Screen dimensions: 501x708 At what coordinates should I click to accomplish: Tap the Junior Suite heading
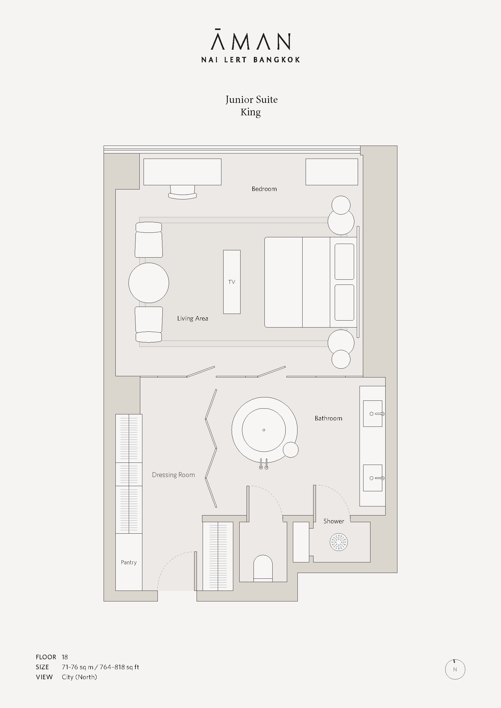[x=251, y=100]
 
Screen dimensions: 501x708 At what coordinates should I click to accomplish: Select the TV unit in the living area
[x=232, y=282]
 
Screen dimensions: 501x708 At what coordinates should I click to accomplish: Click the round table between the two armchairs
[x=149, y=283]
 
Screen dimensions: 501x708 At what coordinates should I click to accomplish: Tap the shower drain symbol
[x=339, y=542]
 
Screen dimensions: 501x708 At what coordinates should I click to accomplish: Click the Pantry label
[x=129, y=562]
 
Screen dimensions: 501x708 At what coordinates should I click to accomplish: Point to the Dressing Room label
[x=173, y=475]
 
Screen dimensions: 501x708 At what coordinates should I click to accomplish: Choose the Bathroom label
[x=328, y=418]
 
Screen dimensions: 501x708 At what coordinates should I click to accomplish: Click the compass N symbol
[x=455, y=670]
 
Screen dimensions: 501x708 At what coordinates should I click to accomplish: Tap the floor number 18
[x=65, y=657]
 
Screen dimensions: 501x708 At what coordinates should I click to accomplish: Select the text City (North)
[x=79, y=677]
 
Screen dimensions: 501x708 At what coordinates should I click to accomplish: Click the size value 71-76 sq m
[x=78, y=667]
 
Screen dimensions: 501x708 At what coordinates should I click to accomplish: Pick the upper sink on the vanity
[x=373, y=413]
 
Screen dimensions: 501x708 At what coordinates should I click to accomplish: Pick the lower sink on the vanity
[x=373, y=478]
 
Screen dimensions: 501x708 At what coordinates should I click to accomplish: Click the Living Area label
[x=193, y=318]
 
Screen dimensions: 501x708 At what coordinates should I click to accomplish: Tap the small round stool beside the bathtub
[x=290, y=449]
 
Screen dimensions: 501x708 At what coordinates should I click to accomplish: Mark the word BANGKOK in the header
[x=277, y=60]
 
